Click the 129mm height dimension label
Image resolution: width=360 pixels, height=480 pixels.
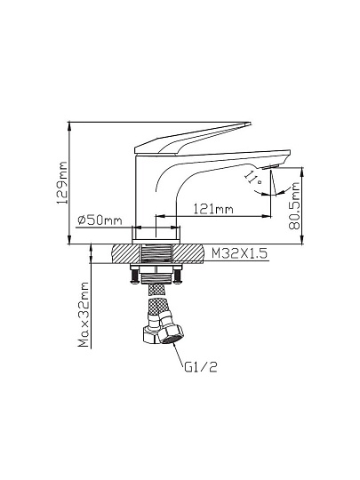62,183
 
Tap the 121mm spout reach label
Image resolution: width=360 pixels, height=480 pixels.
213,209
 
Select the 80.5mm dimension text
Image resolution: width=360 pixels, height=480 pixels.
294,205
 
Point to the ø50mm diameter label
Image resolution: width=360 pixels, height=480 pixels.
100,220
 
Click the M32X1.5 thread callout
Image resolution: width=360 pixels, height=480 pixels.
239,253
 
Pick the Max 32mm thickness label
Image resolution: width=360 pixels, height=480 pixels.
84,315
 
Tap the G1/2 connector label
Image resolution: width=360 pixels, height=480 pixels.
201,367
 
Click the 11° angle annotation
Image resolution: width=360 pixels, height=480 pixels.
253,177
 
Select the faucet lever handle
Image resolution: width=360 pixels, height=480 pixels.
193,138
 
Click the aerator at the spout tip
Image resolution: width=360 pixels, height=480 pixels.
270,167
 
